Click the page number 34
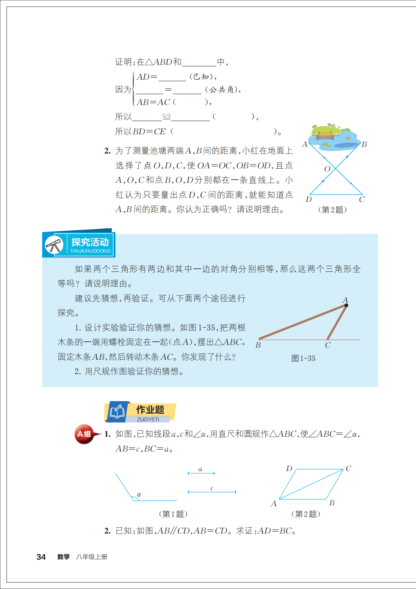click(x=41, y=557)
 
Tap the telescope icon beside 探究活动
click(x=54, y=245)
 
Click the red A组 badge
click(x=84, y=434)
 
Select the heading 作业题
click(x=150, y=410)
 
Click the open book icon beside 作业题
click(x=117, y=411)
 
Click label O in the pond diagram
click(x=327, y=169)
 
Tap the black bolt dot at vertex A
click(x=346, y=305)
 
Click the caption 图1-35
click(x=304, y=358)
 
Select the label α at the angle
click(x=139, y=494)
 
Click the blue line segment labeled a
click(x=201, y=473)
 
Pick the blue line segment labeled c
click(x=212, y=492)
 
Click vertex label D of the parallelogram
click(x=289, y=468)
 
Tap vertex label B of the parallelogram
click(x=332, y=503)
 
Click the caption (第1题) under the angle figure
click(x=173, y=514)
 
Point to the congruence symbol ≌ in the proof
click(x=167, y=116)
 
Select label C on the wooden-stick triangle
click(x=328, y=345)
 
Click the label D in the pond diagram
click(x=309, y=200)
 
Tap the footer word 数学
click(x=63, y=557)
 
